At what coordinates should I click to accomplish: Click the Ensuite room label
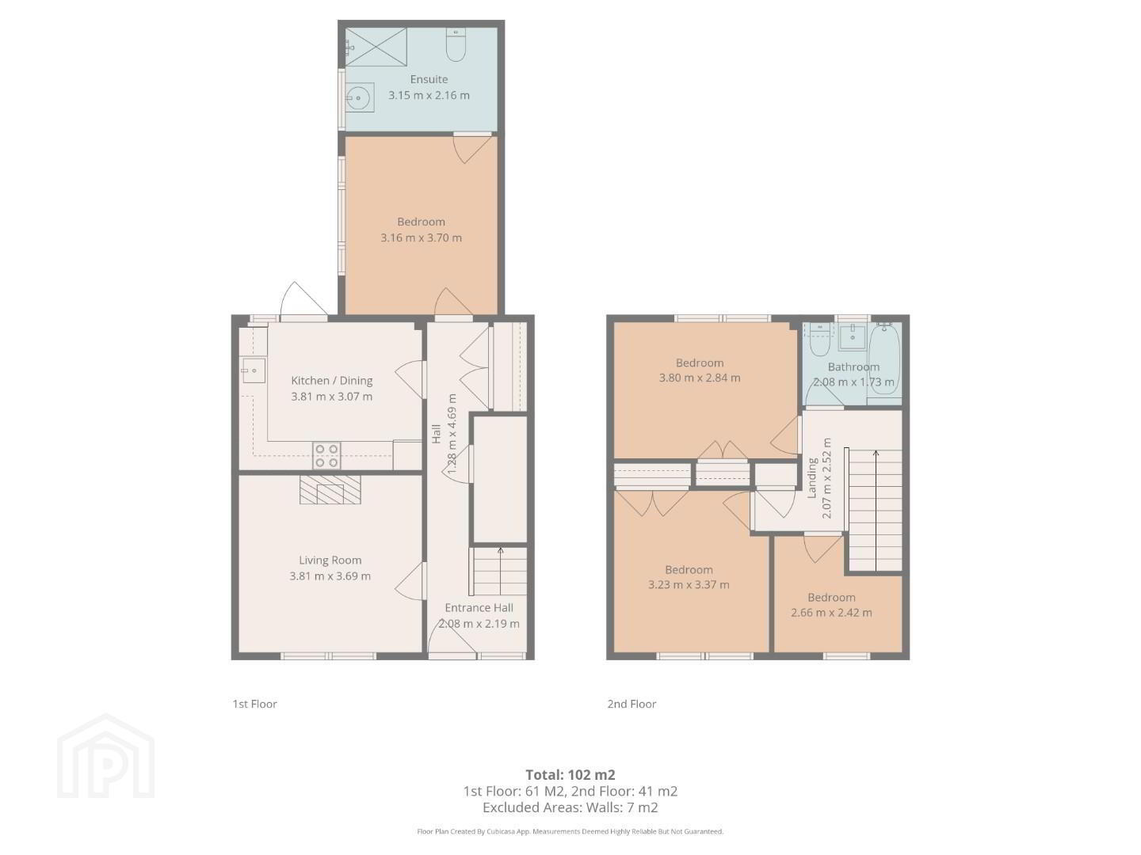429,79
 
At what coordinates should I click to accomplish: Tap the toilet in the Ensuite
456,44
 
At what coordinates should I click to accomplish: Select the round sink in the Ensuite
358,97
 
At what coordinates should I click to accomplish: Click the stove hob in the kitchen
327,456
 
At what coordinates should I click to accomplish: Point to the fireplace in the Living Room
330,489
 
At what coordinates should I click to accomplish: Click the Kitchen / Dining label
332,381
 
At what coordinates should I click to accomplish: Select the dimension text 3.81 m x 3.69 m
330,576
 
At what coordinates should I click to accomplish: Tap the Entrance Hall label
479,607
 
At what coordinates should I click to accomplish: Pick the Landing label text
812,478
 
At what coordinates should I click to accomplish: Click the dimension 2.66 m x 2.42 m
831,613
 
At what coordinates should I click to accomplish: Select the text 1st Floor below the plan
254,704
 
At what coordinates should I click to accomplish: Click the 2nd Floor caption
632,704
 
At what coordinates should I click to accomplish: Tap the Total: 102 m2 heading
570,775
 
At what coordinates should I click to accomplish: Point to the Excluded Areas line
570,807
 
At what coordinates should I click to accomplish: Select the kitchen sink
253,370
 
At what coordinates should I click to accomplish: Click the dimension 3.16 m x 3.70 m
421,237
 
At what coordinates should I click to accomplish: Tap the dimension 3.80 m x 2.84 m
700,378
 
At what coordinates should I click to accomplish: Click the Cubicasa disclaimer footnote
570,831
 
